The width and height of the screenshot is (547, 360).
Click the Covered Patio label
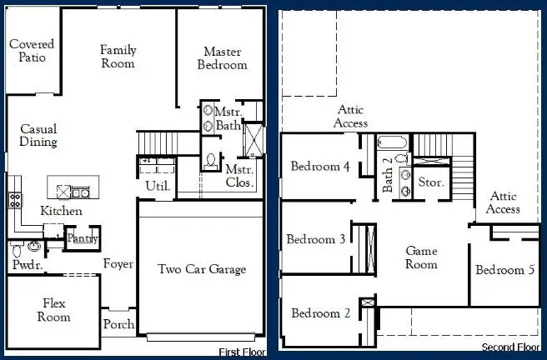33,51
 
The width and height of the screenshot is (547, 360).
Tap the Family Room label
118,57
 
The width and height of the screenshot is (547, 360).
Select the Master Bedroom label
222,58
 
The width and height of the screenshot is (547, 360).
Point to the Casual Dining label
38,136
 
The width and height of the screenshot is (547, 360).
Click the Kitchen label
62,212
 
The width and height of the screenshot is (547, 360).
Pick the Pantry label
83,239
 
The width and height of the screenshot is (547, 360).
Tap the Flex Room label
53,311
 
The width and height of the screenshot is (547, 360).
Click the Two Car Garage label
202,269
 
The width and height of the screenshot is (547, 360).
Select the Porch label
118,324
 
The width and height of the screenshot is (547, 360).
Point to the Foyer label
118,264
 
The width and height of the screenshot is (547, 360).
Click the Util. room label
158,186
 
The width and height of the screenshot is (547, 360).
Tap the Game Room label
421,257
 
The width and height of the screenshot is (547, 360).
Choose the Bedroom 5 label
505,270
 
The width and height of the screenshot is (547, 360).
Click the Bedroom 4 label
320,167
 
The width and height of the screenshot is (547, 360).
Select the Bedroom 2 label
320,313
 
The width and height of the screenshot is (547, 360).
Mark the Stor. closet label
430,181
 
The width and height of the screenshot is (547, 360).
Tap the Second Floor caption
510,347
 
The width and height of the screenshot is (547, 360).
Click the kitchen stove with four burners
14,199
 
